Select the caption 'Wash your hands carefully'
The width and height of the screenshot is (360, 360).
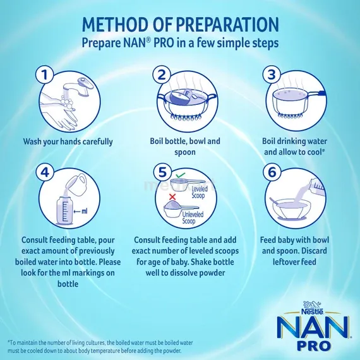[68, 141]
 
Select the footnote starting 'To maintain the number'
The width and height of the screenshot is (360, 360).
[95, 346]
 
